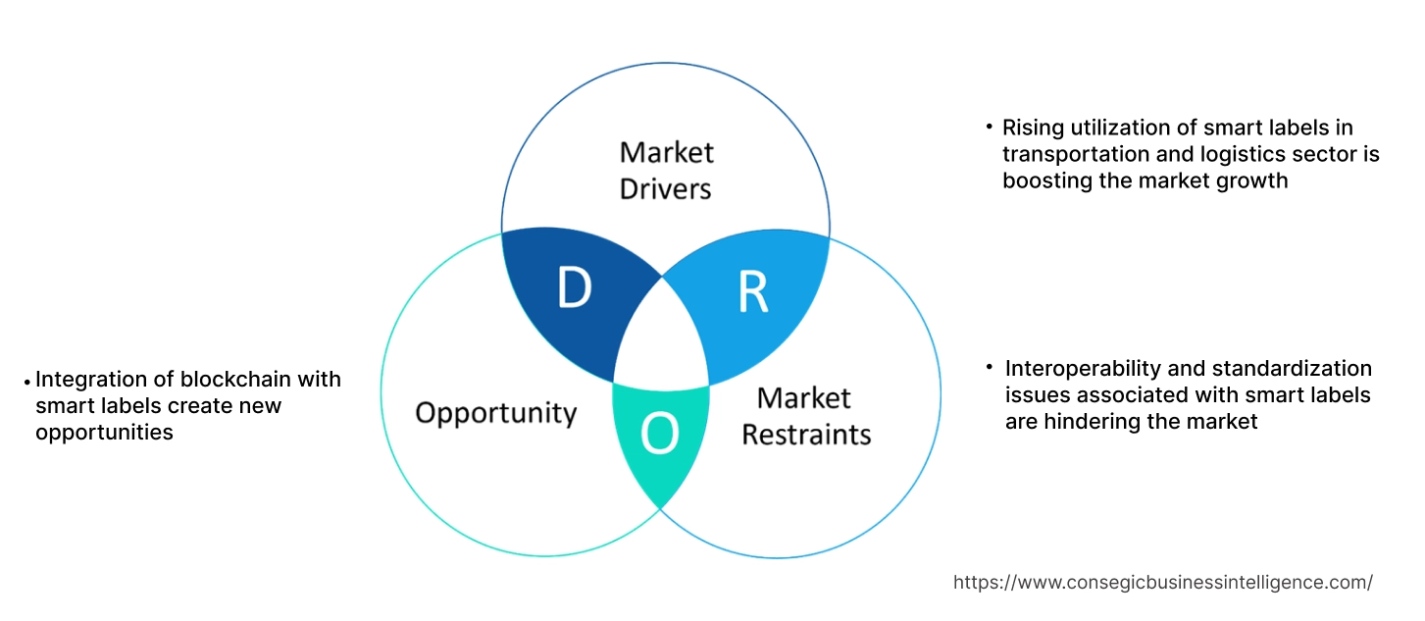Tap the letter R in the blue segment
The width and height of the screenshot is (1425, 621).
click(752, 293)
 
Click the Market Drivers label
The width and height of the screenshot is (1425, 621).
click(666, 170)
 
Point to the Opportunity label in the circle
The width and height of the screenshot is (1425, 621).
click(495, 412)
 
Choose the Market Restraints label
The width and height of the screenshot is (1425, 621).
click(805, 415)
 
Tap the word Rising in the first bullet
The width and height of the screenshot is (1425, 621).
click(1031, 128)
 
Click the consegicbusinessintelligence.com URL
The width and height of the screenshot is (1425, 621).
click(1162, 583)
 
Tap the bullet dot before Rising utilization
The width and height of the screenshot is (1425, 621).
click(989, 128)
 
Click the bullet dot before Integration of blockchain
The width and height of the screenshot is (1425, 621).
click(26, 381)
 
